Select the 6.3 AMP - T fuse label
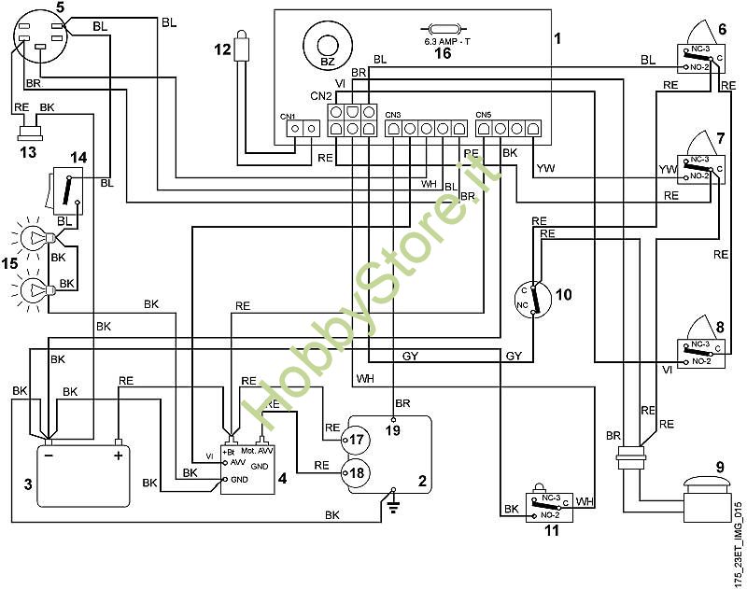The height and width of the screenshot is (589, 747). [x=446, y=42]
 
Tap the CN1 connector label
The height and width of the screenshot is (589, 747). [x=288, y=117]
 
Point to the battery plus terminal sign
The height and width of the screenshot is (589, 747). [x=119, y=457]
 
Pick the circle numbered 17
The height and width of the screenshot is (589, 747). [x=356, y=439]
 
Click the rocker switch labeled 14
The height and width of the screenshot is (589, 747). [x=66, y=189]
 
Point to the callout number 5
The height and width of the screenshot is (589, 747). [x=60, y=7]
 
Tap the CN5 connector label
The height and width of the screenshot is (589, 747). [x=484, y=112]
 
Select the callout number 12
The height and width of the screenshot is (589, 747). [x=220, y=49]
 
